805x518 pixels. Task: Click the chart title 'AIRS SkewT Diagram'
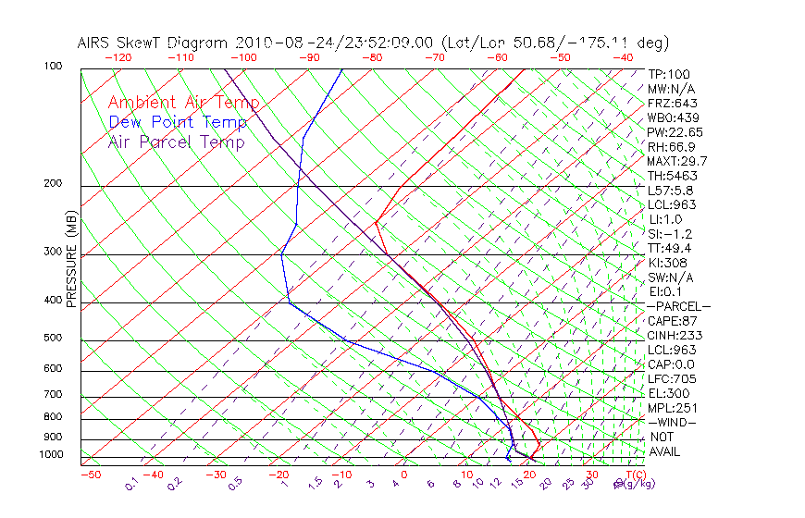[154, 43]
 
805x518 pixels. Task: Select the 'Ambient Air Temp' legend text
[183, 103]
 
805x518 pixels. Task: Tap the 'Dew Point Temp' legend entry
[178, 122]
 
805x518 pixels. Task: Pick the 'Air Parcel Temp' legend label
[176, 142]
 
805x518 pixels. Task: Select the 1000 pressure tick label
[53, 455]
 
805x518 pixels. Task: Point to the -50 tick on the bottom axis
[90, 475]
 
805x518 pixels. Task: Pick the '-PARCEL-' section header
[678, 306]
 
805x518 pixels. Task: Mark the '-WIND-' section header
[673, 423]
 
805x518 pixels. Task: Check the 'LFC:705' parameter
[671, 379]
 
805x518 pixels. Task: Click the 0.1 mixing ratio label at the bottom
[131, 484]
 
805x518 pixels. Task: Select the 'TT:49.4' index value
[670, 248]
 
